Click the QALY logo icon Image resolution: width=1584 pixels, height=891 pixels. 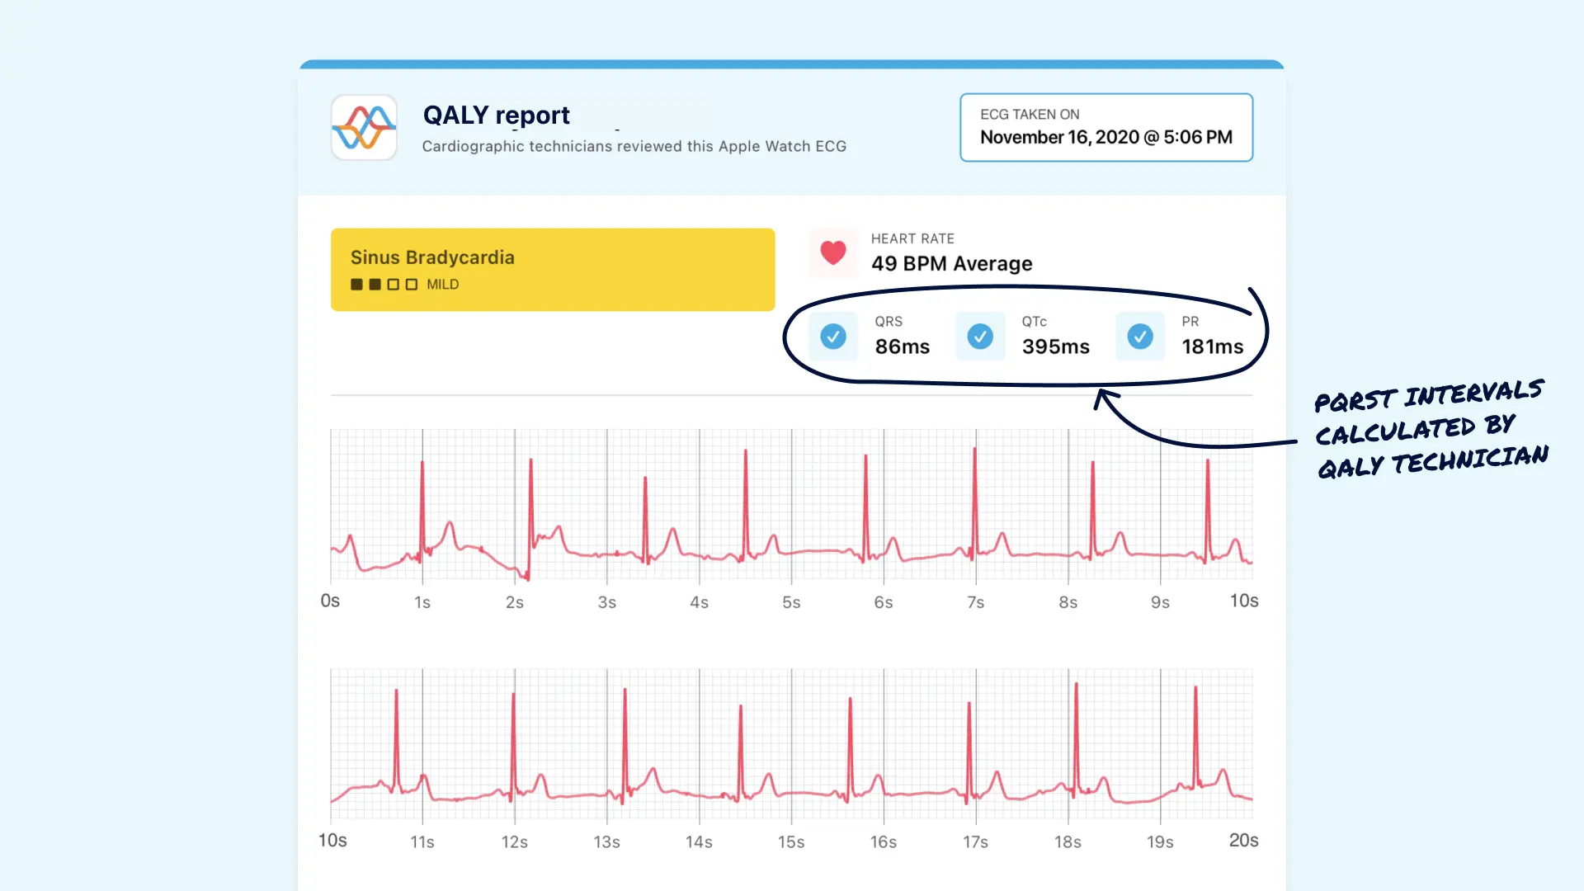364,127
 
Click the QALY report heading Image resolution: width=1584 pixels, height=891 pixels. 496,115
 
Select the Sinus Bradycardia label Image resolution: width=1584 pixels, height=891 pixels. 432,257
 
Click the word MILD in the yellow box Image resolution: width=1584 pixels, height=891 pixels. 442,285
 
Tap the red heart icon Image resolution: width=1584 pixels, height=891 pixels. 833,252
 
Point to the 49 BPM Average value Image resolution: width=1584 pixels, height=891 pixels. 951,263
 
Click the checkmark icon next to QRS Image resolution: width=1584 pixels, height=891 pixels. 833,337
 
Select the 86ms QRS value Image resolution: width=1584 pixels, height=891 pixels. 902,346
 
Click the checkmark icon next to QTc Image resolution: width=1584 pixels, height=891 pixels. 980,337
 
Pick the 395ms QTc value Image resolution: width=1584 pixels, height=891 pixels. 1055,346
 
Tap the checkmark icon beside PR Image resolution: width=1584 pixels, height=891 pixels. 1140,337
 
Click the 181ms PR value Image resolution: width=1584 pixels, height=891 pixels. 1212,346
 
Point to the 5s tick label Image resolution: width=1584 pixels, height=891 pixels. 791,602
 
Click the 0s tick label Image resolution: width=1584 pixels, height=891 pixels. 330,601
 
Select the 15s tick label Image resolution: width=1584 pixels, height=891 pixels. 790,841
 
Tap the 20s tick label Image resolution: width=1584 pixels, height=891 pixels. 1243,840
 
